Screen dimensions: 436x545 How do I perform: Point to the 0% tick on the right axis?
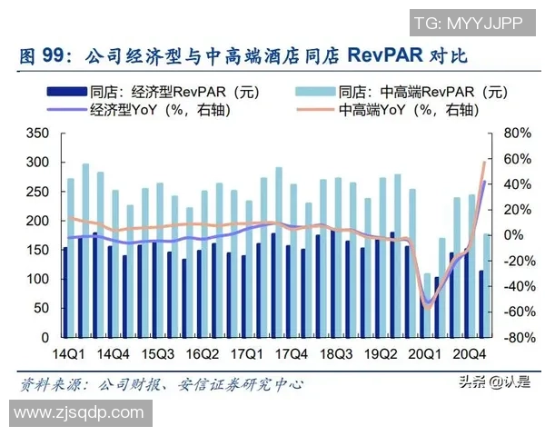[x=513, y=235]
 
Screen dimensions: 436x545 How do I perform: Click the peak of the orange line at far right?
[x=484, y=163]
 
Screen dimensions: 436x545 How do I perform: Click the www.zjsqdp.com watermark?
[x=80, y=413]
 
